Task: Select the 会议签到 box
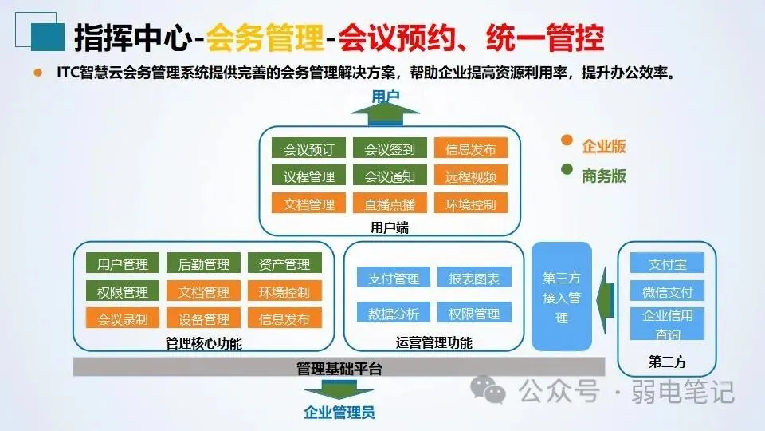(390, 149)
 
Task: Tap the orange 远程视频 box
(470, 176)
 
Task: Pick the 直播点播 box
(390, 204)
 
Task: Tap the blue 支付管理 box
(394, 279)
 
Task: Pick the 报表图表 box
(474, 279)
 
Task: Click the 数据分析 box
(394, 314)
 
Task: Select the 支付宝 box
(667, 263)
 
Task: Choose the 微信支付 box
(667, 291)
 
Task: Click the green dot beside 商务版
(567, 169)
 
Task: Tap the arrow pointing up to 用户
(386, 114)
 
